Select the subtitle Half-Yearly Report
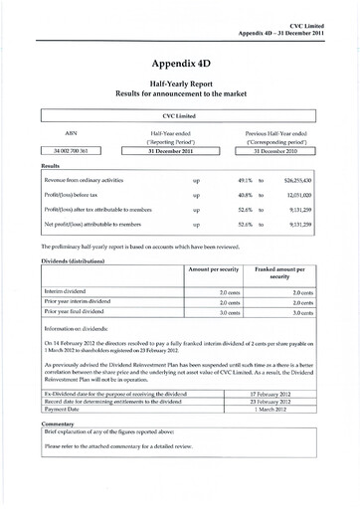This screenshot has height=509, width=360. coord(180,85)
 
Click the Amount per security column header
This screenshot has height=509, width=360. coord(216,269)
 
